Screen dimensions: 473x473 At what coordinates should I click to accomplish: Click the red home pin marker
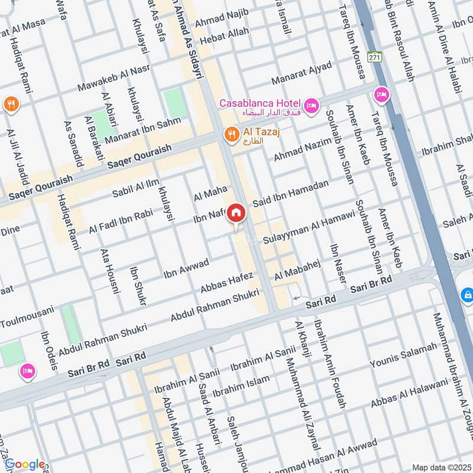[x=236, y=213]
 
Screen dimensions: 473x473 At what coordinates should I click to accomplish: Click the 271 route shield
[x=374, y=57]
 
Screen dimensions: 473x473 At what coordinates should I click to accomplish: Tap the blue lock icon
[x=466, y=294]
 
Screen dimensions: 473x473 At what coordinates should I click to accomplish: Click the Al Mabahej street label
[x=297, y=269]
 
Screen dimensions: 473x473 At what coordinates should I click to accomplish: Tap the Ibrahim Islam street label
[x=241, y=385]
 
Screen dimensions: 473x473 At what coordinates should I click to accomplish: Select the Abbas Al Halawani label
[x=409, y=394]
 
